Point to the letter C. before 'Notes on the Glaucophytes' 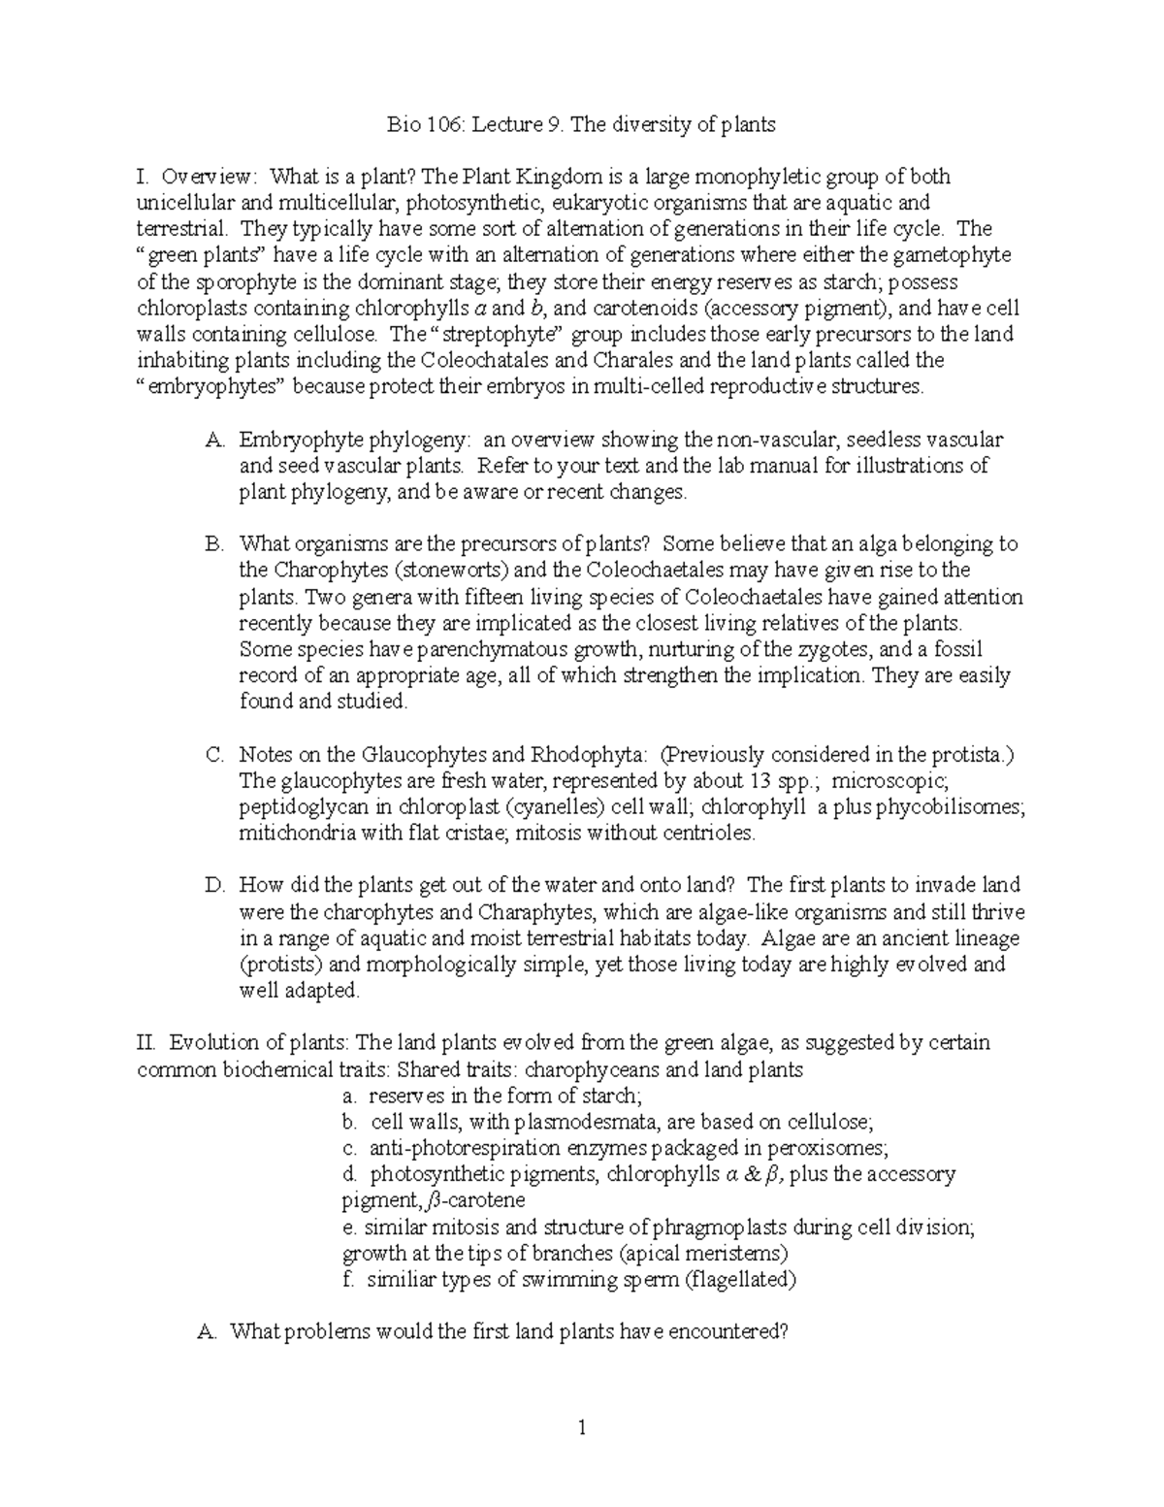(215, 754)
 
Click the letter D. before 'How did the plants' (215, 885)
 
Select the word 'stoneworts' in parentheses (446, 570)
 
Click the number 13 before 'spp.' (760, 780)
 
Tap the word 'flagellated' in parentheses (741, 1279)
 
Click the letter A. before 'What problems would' (206, 1331)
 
